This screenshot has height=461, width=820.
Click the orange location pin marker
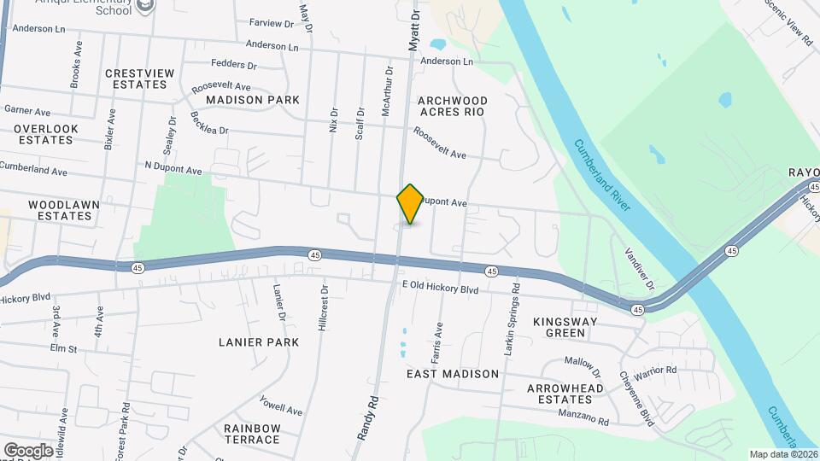click(410, 203)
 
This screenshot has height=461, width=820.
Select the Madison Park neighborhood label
click(253, 100)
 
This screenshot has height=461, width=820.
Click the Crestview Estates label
click(140, 79)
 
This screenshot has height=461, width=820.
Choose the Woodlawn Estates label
click(60, 210)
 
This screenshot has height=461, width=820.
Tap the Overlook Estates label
click(45, 134)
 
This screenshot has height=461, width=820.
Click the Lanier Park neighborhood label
click(259, 342)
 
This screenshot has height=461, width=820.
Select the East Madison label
click(453, 374)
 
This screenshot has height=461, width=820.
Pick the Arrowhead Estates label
click(565, 394)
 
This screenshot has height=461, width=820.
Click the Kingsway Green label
click(571, 327)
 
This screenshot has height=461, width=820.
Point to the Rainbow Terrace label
click(252, 434)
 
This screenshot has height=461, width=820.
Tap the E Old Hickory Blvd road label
click(440, 289)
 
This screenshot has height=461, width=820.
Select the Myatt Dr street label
click(415, 30)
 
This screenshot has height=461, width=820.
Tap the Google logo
click(28, 450)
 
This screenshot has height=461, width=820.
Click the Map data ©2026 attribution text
click(783, 454)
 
